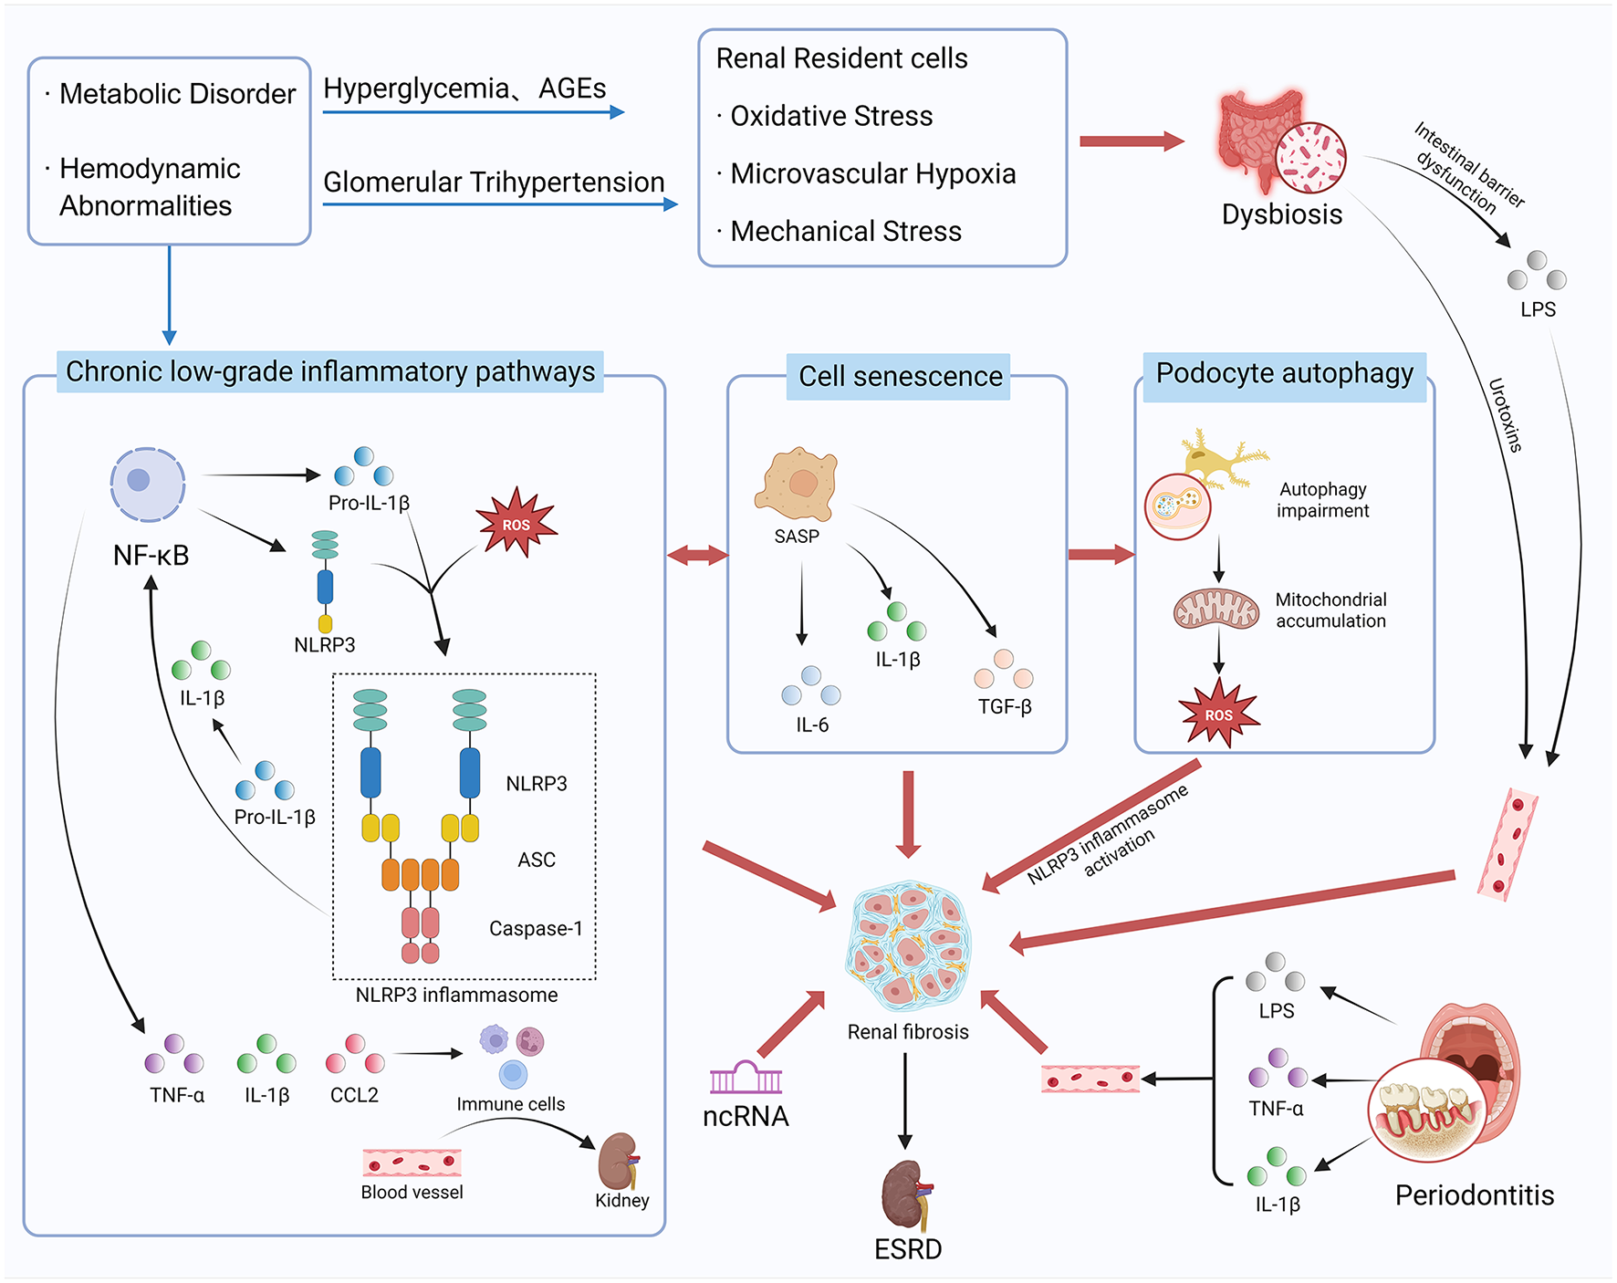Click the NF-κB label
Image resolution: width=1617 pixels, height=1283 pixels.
click(151, 555)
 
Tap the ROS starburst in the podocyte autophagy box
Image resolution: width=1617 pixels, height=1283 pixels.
click(1218, 714)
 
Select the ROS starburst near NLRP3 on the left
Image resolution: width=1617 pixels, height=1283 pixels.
click(516, 524)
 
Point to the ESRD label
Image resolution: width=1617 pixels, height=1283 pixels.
click(907, 1248)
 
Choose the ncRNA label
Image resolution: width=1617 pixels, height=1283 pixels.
click(746, 1116)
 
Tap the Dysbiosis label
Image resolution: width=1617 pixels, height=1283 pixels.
click(1281, 214)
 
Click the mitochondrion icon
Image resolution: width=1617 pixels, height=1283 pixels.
click(1215, 610)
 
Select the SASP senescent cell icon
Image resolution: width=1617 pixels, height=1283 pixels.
click(796, 483)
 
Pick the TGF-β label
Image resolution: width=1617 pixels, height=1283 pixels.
click(1005, 706)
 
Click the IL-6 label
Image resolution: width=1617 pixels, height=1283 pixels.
click(811, 725)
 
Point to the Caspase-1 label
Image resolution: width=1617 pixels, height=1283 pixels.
click(536, 929)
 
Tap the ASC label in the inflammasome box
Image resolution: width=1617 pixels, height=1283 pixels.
click(537, 860)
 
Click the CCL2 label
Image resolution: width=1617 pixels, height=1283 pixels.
click(354, 1095)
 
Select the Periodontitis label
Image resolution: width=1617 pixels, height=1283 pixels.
click(1474, 1195)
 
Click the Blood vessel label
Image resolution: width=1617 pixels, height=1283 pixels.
click(412, 1193)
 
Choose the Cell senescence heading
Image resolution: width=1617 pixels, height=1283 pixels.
click(900, 376)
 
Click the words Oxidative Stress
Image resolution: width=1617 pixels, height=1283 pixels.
click(831, 116)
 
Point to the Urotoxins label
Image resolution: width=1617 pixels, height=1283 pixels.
click(1505, 415)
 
